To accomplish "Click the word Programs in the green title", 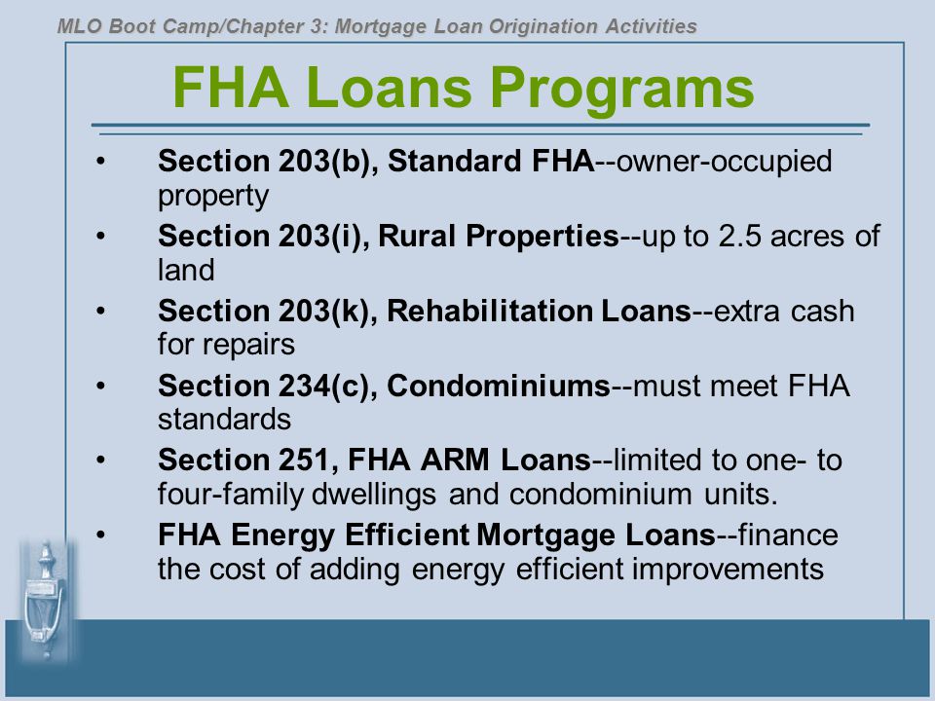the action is [622, 90].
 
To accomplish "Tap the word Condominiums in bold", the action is [499, 386].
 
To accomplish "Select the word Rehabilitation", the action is [490, 311].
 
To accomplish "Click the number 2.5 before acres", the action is [739, 236].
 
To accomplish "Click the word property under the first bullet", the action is [213, 197].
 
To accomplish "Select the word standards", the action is [224, 419].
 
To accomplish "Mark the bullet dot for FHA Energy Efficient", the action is [100, 535].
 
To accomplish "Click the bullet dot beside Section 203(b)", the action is [100, 161].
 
